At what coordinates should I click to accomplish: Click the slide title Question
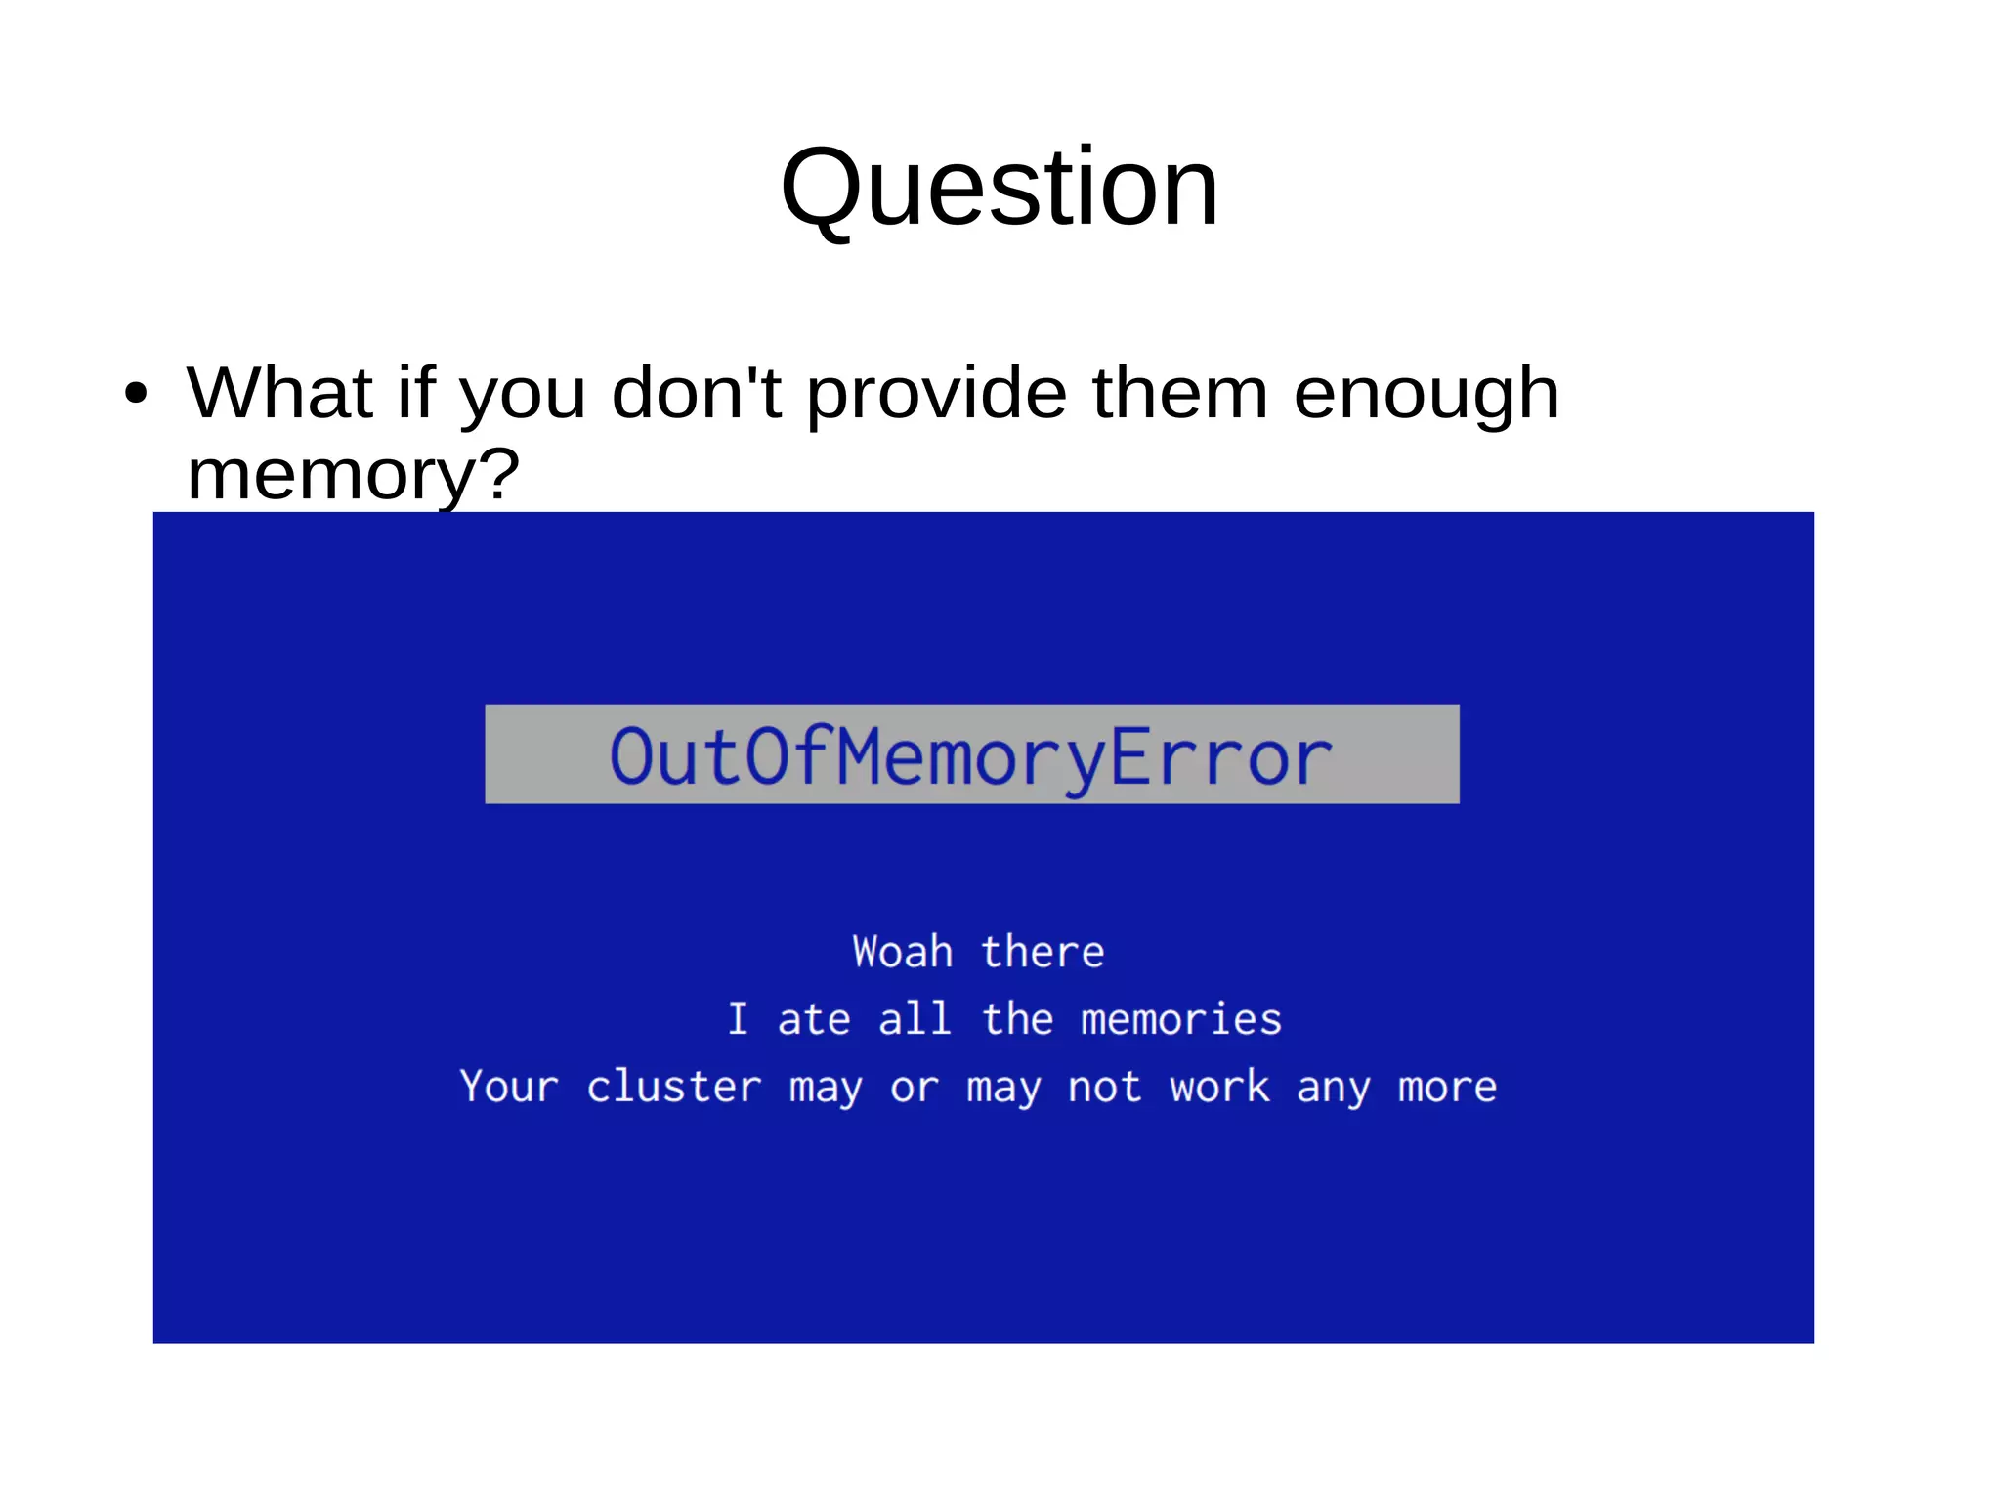click(x=1000, y=188)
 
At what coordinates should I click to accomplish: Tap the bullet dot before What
click(x=136, y=394)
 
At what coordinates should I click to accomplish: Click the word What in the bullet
click(x=280, y=393)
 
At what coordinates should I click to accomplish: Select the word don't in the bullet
click(x=696, y=393)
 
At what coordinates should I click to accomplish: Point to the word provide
click(x=937, y=393)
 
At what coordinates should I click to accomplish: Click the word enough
click(x=1426, y=395)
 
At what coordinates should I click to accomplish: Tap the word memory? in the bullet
click(x=353, y=475)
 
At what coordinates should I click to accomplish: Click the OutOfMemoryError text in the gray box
click(x=971, y=756)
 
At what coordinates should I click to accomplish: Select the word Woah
click(x=902, y=952)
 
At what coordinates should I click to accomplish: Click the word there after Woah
click(x=1043, y=952)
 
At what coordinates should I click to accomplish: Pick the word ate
click(x=814, y=1019)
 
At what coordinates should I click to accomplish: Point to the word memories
click(x=1181, y=1019)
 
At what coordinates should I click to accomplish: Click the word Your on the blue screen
click(x=509, y=1087)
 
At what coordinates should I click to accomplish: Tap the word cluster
click(x=674, y=1087)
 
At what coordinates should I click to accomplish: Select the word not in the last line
click(x=1104, y=1087)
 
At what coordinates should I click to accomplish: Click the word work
click(x=1220, y=1087)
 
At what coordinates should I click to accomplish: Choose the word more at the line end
click(x=1447, y=1087)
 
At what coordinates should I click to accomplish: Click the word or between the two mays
click(x=915, y=1088)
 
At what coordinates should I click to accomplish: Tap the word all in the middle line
click(x=915, y=1019)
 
